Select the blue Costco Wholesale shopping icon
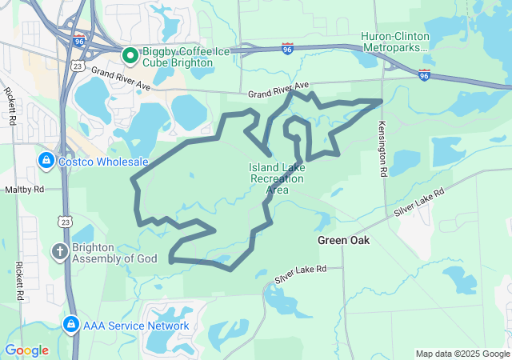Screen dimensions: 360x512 pos(46,162)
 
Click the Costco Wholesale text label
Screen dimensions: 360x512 pos(104,162)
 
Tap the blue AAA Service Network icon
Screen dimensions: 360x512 pos(70,325)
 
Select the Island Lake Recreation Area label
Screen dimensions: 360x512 pos(277,178)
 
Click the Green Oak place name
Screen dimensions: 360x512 pos(343,240)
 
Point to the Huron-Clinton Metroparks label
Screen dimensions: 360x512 pos(394,42)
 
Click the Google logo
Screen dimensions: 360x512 pos(26,350)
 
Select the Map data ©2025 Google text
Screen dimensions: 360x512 pos(462,354)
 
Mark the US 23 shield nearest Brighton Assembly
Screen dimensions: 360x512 pos(64,221)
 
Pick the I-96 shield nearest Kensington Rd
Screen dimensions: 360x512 pos(424,74)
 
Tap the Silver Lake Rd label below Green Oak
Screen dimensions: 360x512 pos(301,274)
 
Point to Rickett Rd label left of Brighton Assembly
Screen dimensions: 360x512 pos(18,275)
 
